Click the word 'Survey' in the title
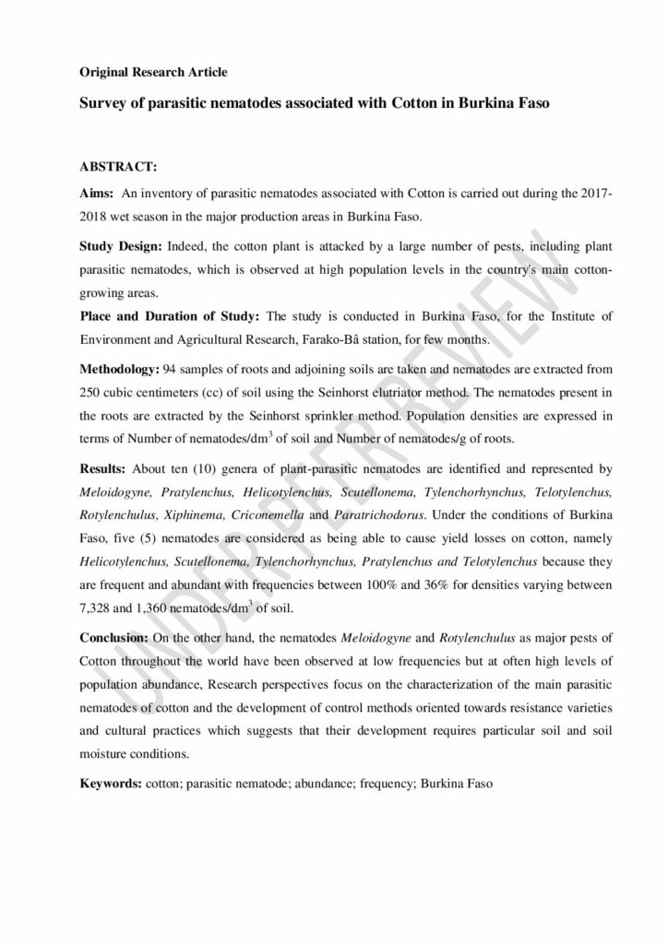tap(101, 103)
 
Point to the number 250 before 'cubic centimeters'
tap(90, 393)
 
